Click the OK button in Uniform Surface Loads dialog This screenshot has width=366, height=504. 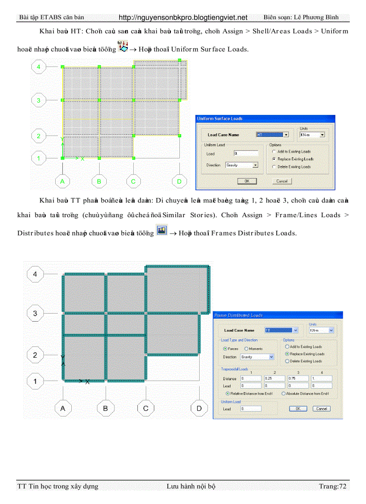pos(247,181)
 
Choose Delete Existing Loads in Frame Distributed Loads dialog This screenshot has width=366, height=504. pos(287,361)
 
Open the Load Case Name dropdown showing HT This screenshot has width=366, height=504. pos(272,135)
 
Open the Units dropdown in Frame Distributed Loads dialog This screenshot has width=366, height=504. pos(322,330)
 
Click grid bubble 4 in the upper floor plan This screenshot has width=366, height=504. pos(39,67)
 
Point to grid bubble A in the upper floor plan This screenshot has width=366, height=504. pos(62,181)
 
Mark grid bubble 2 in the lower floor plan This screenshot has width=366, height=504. pos(35,355)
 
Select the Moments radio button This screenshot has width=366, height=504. pos(246,349)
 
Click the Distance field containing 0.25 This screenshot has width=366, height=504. pos(274,378)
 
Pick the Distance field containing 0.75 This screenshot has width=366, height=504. pos(298,378)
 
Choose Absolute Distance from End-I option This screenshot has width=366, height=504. pos(283,394)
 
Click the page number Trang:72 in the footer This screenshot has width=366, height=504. pos(332,486)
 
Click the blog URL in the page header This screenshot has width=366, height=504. pos(183,18)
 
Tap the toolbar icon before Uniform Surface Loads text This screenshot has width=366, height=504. pos(122,46)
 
